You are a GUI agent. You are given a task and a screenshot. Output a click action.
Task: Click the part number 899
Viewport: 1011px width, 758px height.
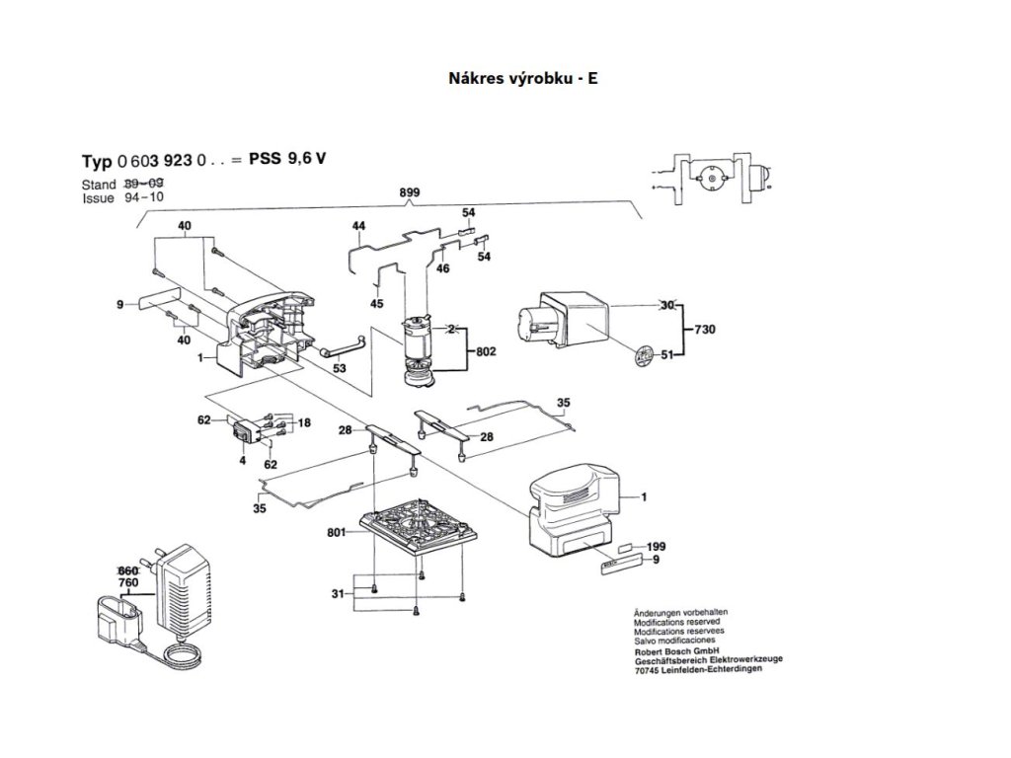point(408,192)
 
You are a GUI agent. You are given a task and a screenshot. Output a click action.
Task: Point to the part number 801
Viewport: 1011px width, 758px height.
point(338,534)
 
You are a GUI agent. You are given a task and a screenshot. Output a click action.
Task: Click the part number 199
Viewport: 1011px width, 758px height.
point(657,546)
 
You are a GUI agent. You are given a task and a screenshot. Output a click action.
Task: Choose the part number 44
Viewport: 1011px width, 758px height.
point(358,227)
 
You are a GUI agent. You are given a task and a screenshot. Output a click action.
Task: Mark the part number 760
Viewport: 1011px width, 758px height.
point(128,583)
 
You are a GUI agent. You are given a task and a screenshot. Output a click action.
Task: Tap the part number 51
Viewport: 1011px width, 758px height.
point(667,355)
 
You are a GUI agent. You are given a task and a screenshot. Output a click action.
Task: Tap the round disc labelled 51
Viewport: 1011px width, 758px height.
point(645,354)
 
